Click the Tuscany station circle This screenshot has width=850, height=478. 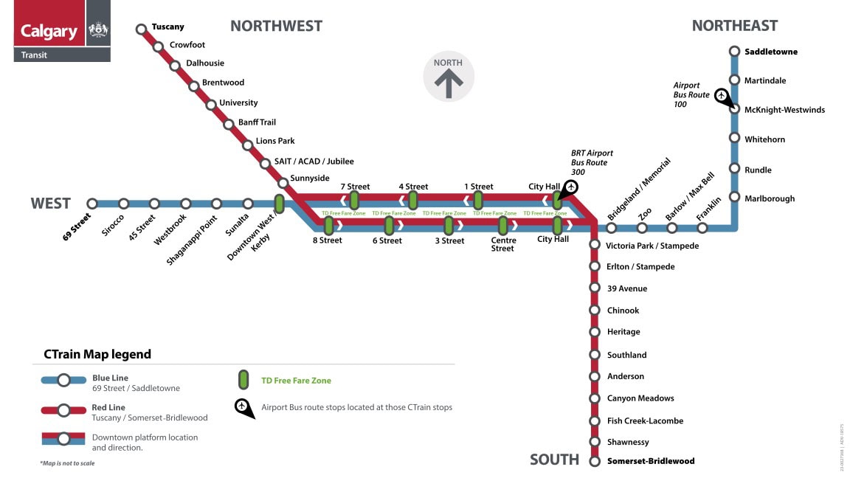click(141, 30)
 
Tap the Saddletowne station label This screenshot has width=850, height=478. click(771, 52)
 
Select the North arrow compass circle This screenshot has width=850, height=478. click(448, 77)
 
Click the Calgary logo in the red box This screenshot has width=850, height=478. click(49, 31)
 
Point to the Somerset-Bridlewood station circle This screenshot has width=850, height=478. click(595, 461)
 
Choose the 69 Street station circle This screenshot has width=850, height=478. click(92, 204)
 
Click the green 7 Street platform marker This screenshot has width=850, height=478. click(354, 200)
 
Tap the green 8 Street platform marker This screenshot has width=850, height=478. click(329, 225)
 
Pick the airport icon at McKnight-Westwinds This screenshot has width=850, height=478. click(722, 96)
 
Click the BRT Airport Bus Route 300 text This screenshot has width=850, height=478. click(592, 162)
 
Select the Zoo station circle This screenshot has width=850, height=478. click(642, 227)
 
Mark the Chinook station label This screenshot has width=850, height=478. click(623, 311)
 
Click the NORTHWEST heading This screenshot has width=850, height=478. click(276, 26)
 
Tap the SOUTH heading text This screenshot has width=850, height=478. click(554, 460)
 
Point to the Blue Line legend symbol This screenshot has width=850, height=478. click(63, 381)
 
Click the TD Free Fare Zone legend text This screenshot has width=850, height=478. click(296, 381)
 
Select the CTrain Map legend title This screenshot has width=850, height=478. click(92, 354)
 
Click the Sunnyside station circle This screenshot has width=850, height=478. click(283, 182)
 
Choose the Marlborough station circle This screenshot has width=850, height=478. click(734, 197)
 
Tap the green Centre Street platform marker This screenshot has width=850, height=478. click(502, 225)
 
